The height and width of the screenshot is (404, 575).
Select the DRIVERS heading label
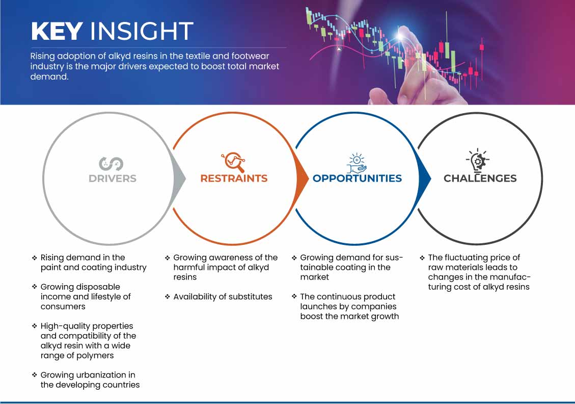pyautogui.click(x=113, y=179)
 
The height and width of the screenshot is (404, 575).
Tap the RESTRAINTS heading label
pyautogui.click(x=234, y=179)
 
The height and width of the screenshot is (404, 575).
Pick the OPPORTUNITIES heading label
pyautogui.click(x=357, y=179)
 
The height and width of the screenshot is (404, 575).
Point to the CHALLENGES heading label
pyautogui.click(x=480, y=179)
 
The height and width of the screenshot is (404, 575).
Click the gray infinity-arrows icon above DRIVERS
pyautogui.click(x=111, y=164)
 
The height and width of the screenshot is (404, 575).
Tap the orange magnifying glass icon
pyautogui.click(x=233, y=162)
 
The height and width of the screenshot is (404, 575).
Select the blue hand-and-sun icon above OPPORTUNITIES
pyautogui.click(x=357, y=163)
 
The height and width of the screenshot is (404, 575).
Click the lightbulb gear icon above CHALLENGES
pyautogui.click(x=477, y=160)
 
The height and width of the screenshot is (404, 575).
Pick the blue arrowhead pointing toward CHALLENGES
pyautogui.click(x=425, y=179)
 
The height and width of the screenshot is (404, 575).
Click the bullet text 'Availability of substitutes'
pyautogui.click(x=223, y=297)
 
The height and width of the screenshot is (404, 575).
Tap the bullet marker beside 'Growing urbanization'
pyautogui.click(x=35, y=375)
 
